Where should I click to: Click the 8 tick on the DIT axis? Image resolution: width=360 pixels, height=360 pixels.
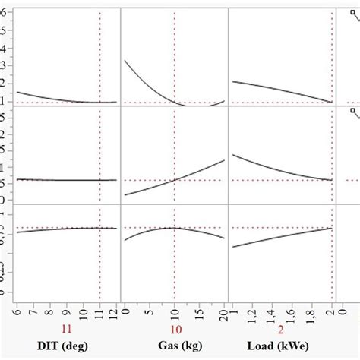[50, 310]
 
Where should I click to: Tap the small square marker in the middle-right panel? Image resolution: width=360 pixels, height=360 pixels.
[353, 111]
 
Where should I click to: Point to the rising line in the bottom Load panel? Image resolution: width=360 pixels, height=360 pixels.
[281, 237]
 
